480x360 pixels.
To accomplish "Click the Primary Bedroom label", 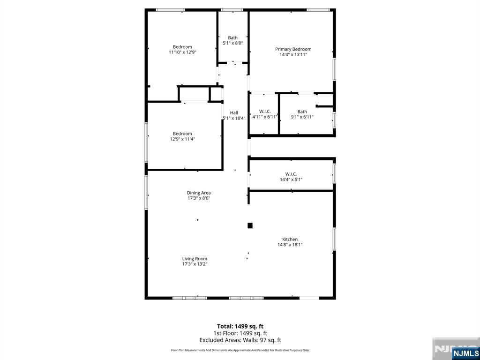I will coord(293,49).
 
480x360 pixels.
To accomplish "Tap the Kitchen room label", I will coord(290,239).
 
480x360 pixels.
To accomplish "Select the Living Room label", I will coord(195,259).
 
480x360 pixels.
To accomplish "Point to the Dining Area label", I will coord(199,193).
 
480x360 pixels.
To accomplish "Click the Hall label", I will coord(234,112).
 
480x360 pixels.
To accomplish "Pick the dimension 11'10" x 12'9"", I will coord(182,52).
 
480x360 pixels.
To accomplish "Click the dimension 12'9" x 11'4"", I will coord(182,139).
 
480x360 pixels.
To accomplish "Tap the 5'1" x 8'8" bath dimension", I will coord(232,43).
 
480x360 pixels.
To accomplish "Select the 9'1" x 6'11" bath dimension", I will coord(302,117).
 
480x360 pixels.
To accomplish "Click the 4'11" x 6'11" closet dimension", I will coord(265,117).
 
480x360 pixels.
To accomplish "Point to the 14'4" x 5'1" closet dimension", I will coord(291,179).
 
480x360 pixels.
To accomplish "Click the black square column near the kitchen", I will coord(250,225).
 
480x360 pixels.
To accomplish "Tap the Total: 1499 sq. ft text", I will coord(240,326).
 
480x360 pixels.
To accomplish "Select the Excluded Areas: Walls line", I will coord(240,340).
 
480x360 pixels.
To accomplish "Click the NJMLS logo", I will coord(465,353).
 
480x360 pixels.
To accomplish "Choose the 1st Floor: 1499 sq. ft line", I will coord(240,333).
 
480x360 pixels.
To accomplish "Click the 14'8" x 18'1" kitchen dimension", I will coord(290,244).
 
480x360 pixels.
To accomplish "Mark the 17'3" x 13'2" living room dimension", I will coord(195,264).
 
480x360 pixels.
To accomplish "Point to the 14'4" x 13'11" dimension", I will coord(293,54).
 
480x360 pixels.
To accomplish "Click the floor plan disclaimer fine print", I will coord(240,350).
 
